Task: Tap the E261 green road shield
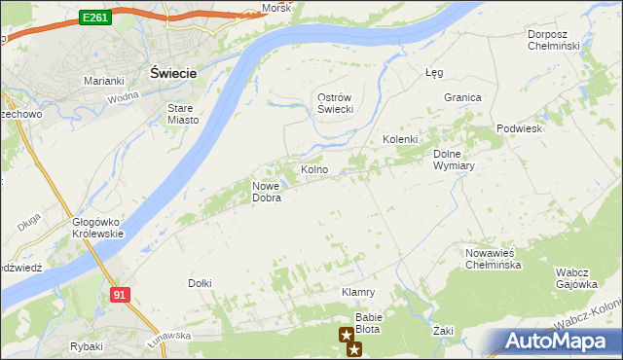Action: coord(95,18)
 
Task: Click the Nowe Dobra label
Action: coord(267,192)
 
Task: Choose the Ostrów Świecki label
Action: coord(335,103)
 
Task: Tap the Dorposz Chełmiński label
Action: coord(553,40)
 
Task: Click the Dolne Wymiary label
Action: coord(453,160)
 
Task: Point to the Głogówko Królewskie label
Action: coord(97,228)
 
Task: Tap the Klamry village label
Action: coord(358,292)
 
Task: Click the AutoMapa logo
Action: coord(559,342)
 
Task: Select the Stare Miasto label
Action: coord(183,114)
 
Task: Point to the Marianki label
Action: coord(103,81)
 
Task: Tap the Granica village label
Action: coord(463,97)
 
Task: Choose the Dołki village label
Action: coord(200,283)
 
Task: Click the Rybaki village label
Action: coord(87,346)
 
